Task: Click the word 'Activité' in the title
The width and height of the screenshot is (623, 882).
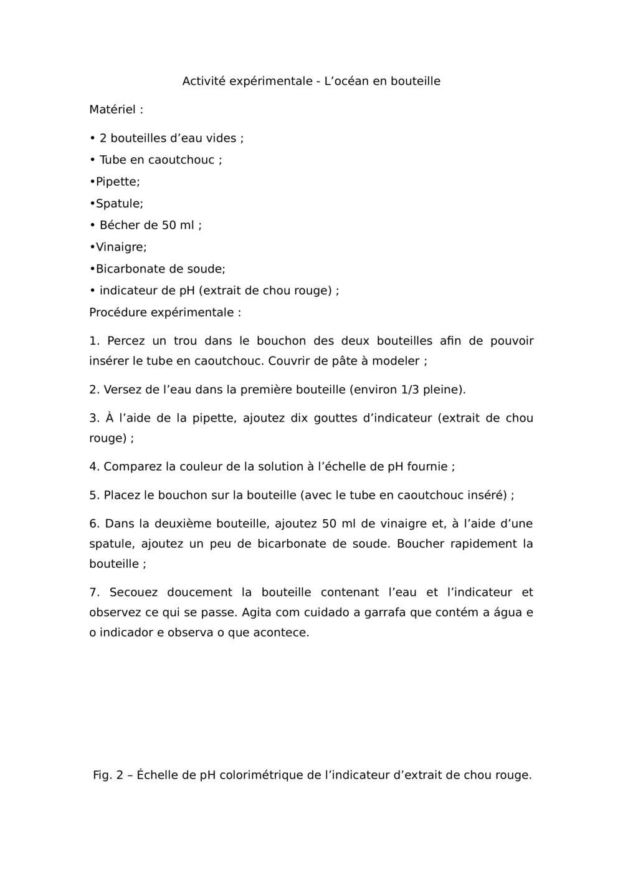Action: pyautogui.click(x=203, y=81)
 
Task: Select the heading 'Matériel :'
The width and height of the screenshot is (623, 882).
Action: pyautogui.click(x=116, y=110)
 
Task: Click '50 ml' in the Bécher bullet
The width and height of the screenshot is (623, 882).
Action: pyautogui.click(x=178, y=225)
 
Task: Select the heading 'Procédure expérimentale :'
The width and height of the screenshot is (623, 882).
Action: pyautogui.click(x=165, y=312)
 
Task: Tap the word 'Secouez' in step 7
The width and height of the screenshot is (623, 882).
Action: pyautogui.click(x=133, y=592)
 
